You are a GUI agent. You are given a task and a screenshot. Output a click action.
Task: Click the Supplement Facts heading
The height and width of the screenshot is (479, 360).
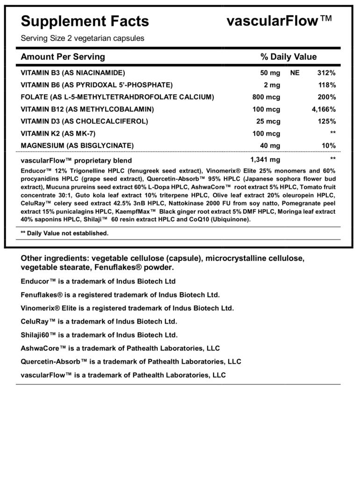[85, 21]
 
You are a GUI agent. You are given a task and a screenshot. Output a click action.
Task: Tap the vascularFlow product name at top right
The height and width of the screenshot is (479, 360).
[279, 21]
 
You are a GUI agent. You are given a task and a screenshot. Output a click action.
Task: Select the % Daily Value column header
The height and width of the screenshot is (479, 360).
[288, 57]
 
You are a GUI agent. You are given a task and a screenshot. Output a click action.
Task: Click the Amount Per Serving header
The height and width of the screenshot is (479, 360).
[63, 57]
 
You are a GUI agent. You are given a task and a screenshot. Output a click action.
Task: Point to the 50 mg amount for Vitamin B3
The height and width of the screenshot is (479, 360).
[270, 73]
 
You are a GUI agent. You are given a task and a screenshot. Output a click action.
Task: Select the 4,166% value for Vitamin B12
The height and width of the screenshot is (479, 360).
[324, 109]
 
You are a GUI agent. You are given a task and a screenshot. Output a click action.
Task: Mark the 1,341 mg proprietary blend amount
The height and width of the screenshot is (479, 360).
[265, 160]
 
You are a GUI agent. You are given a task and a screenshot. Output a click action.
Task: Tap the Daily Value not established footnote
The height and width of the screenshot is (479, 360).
[65, 233]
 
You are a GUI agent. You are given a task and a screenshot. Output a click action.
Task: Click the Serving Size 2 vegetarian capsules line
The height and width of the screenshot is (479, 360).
[82, 38]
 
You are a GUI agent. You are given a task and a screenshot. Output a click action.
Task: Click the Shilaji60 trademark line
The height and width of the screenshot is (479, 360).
[99, 335]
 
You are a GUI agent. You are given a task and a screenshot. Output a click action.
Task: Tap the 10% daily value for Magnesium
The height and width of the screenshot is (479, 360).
[329, 146]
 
